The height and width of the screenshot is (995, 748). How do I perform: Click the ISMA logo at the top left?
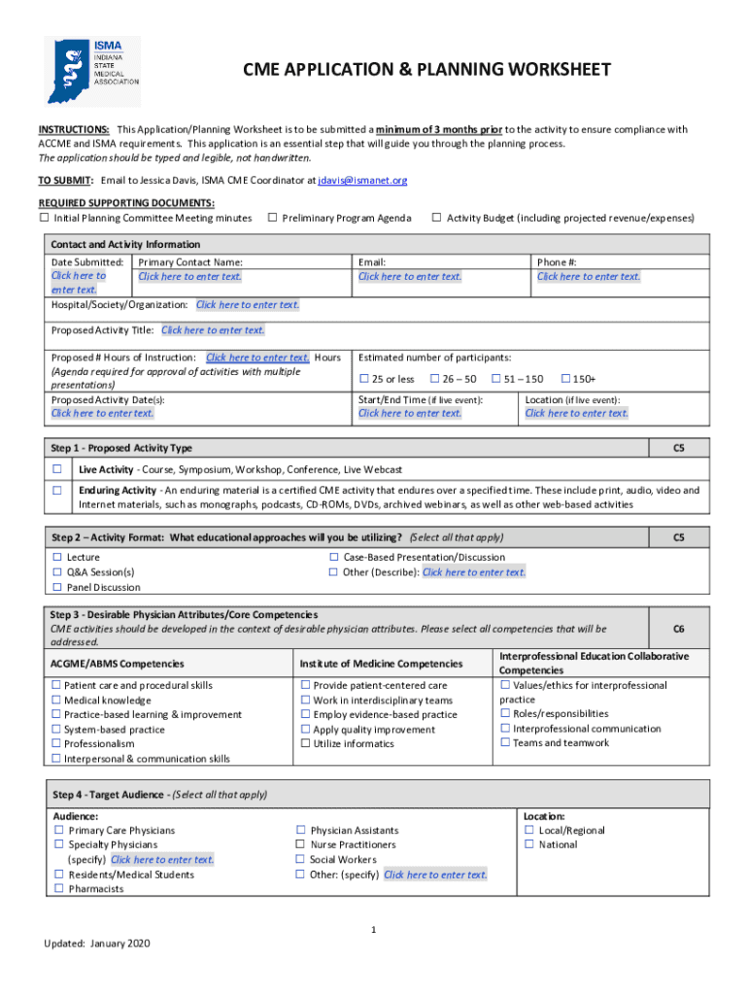coord(92,71)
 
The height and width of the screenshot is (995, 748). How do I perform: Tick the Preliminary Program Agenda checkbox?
coord(272,218)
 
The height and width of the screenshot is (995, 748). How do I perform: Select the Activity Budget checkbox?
coord(436,218)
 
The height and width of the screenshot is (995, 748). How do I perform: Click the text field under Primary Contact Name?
coord(189,277)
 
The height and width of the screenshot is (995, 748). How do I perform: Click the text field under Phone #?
coord(589,277)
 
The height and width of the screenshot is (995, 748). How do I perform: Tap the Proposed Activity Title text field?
coord(213,330)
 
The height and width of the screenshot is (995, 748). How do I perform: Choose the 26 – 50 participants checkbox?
coord(434,379)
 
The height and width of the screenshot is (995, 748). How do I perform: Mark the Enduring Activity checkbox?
coord(56,492)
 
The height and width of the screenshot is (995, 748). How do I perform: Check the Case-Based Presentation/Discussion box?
coord(333,558)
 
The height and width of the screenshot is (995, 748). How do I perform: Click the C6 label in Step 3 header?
coord(679,629)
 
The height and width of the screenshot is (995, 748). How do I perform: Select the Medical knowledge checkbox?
coord(55,701)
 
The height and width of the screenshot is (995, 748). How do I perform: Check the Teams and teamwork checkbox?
coord(505,743)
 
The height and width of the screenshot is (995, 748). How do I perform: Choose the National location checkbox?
coord(529,845)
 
